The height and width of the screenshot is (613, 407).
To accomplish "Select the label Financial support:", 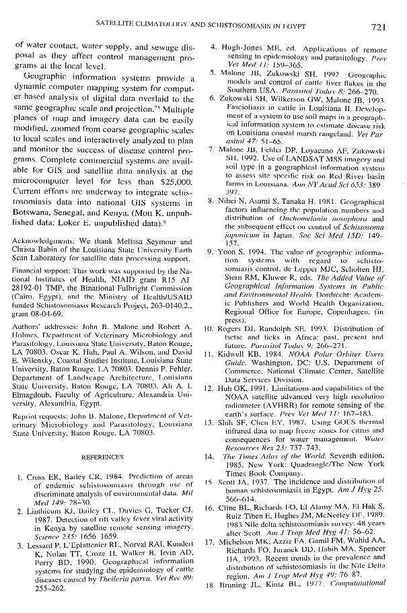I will tap(40, 267).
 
